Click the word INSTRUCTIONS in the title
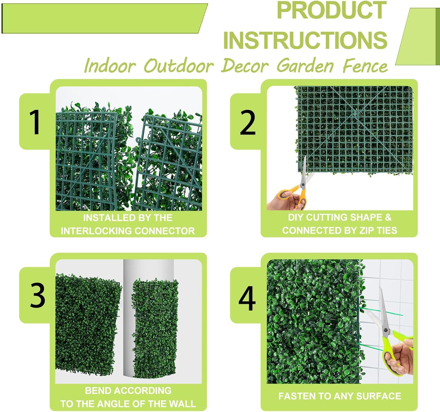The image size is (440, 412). click(x=305, y=40)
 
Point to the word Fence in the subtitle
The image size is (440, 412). click(x=365, y=66)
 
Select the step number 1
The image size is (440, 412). click(x=35, y=122)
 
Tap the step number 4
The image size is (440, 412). click(x=247, y=298)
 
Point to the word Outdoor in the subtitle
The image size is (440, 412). click(x=179, y=66)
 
